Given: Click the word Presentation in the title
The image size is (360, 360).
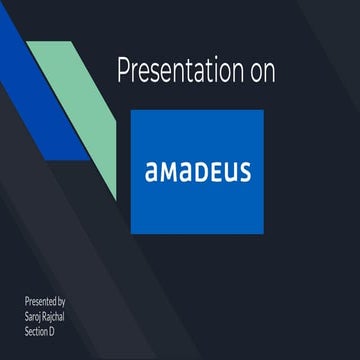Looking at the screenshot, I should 176,72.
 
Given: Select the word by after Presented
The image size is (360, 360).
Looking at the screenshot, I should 63,300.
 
